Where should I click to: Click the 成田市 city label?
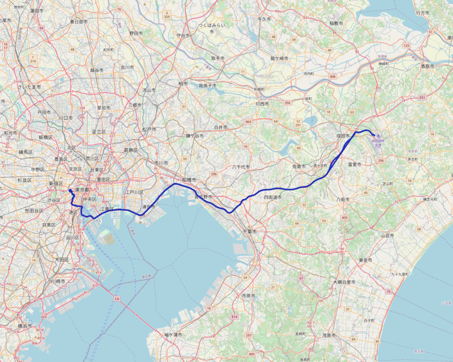(x=342, y=136)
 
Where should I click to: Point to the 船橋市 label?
(x=188, y=179)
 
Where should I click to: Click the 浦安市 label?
(x=148, y=206)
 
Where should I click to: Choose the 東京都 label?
(x=82, y=190)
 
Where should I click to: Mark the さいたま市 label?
(x=29, y=87)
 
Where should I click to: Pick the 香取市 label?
(x=427, y=66)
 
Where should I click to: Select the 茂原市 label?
(x=328, y=335)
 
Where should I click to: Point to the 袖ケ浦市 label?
(x=173, y=335)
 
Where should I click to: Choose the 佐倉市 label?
(x=299, y=166)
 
